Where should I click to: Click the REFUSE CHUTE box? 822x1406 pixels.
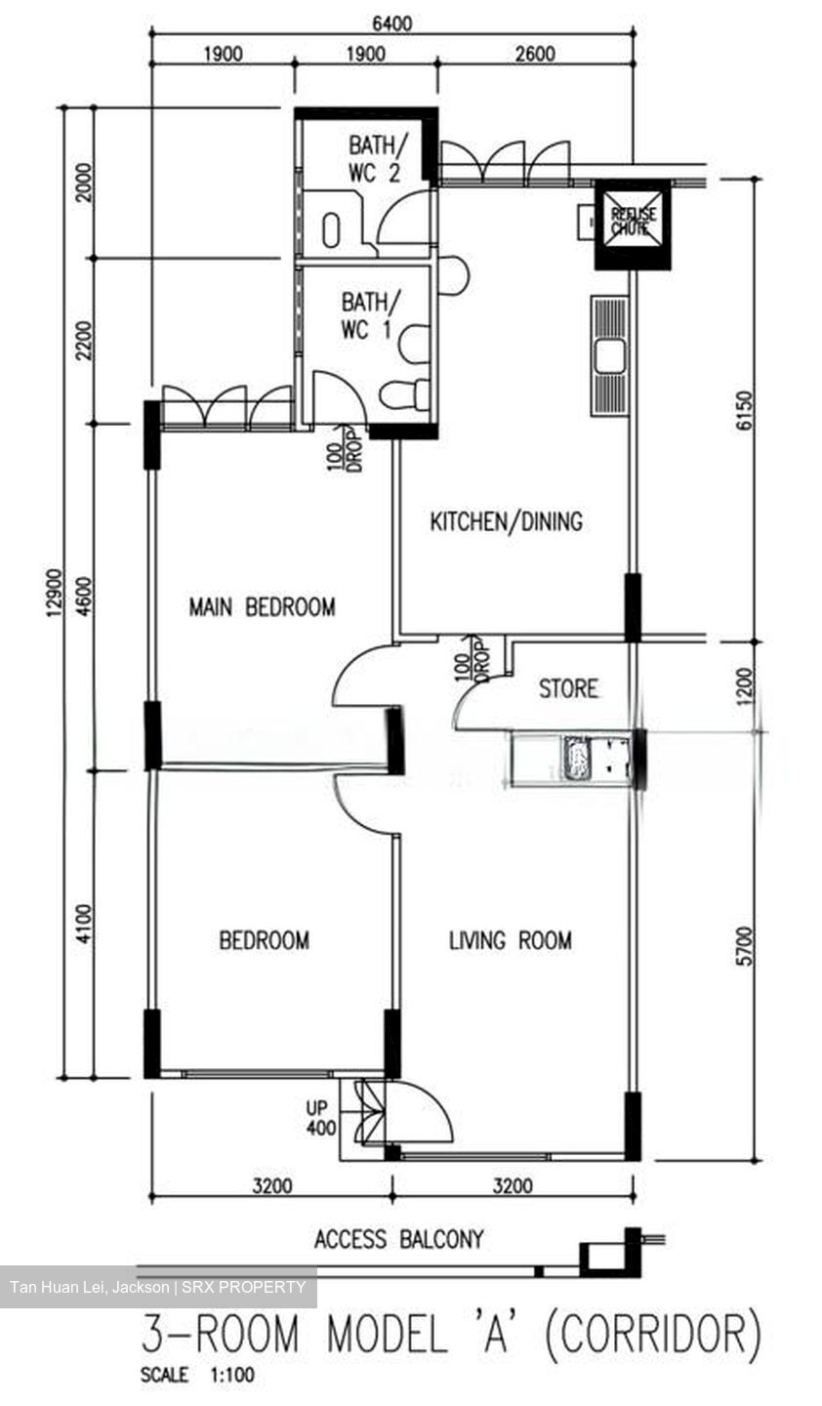634,224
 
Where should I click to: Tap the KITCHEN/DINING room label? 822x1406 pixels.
506,521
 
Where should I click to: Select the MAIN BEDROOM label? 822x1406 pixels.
262,607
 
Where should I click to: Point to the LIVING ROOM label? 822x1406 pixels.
510,941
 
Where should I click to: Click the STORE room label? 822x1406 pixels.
568,689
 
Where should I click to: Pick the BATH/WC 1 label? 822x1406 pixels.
365,315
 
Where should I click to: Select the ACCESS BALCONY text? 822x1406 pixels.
398,1240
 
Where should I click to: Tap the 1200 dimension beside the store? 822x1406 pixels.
745,687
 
